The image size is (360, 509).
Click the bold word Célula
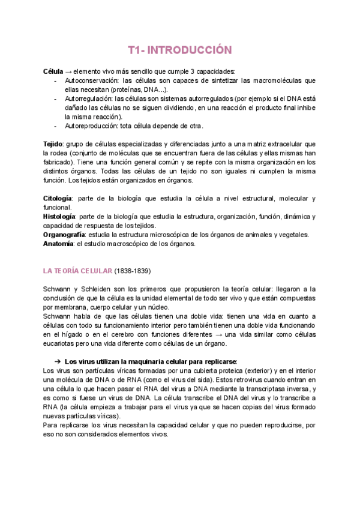[53, 71]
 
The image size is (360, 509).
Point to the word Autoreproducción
[91, 126]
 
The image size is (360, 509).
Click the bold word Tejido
[53, 144]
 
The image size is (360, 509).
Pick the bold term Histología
[60, 216]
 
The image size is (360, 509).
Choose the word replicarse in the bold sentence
[220, 361]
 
